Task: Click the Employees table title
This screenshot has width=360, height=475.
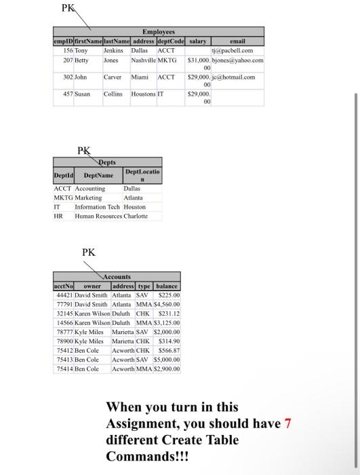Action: tap(159, 32)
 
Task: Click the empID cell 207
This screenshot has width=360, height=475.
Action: tap(65, 60)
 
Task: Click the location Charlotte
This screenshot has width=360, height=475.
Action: tap(136, 216)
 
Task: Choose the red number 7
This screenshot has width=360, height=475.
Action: tap(287, 424)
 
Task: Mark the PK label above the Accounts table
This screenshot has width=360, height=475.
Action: tap(89, 252)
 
